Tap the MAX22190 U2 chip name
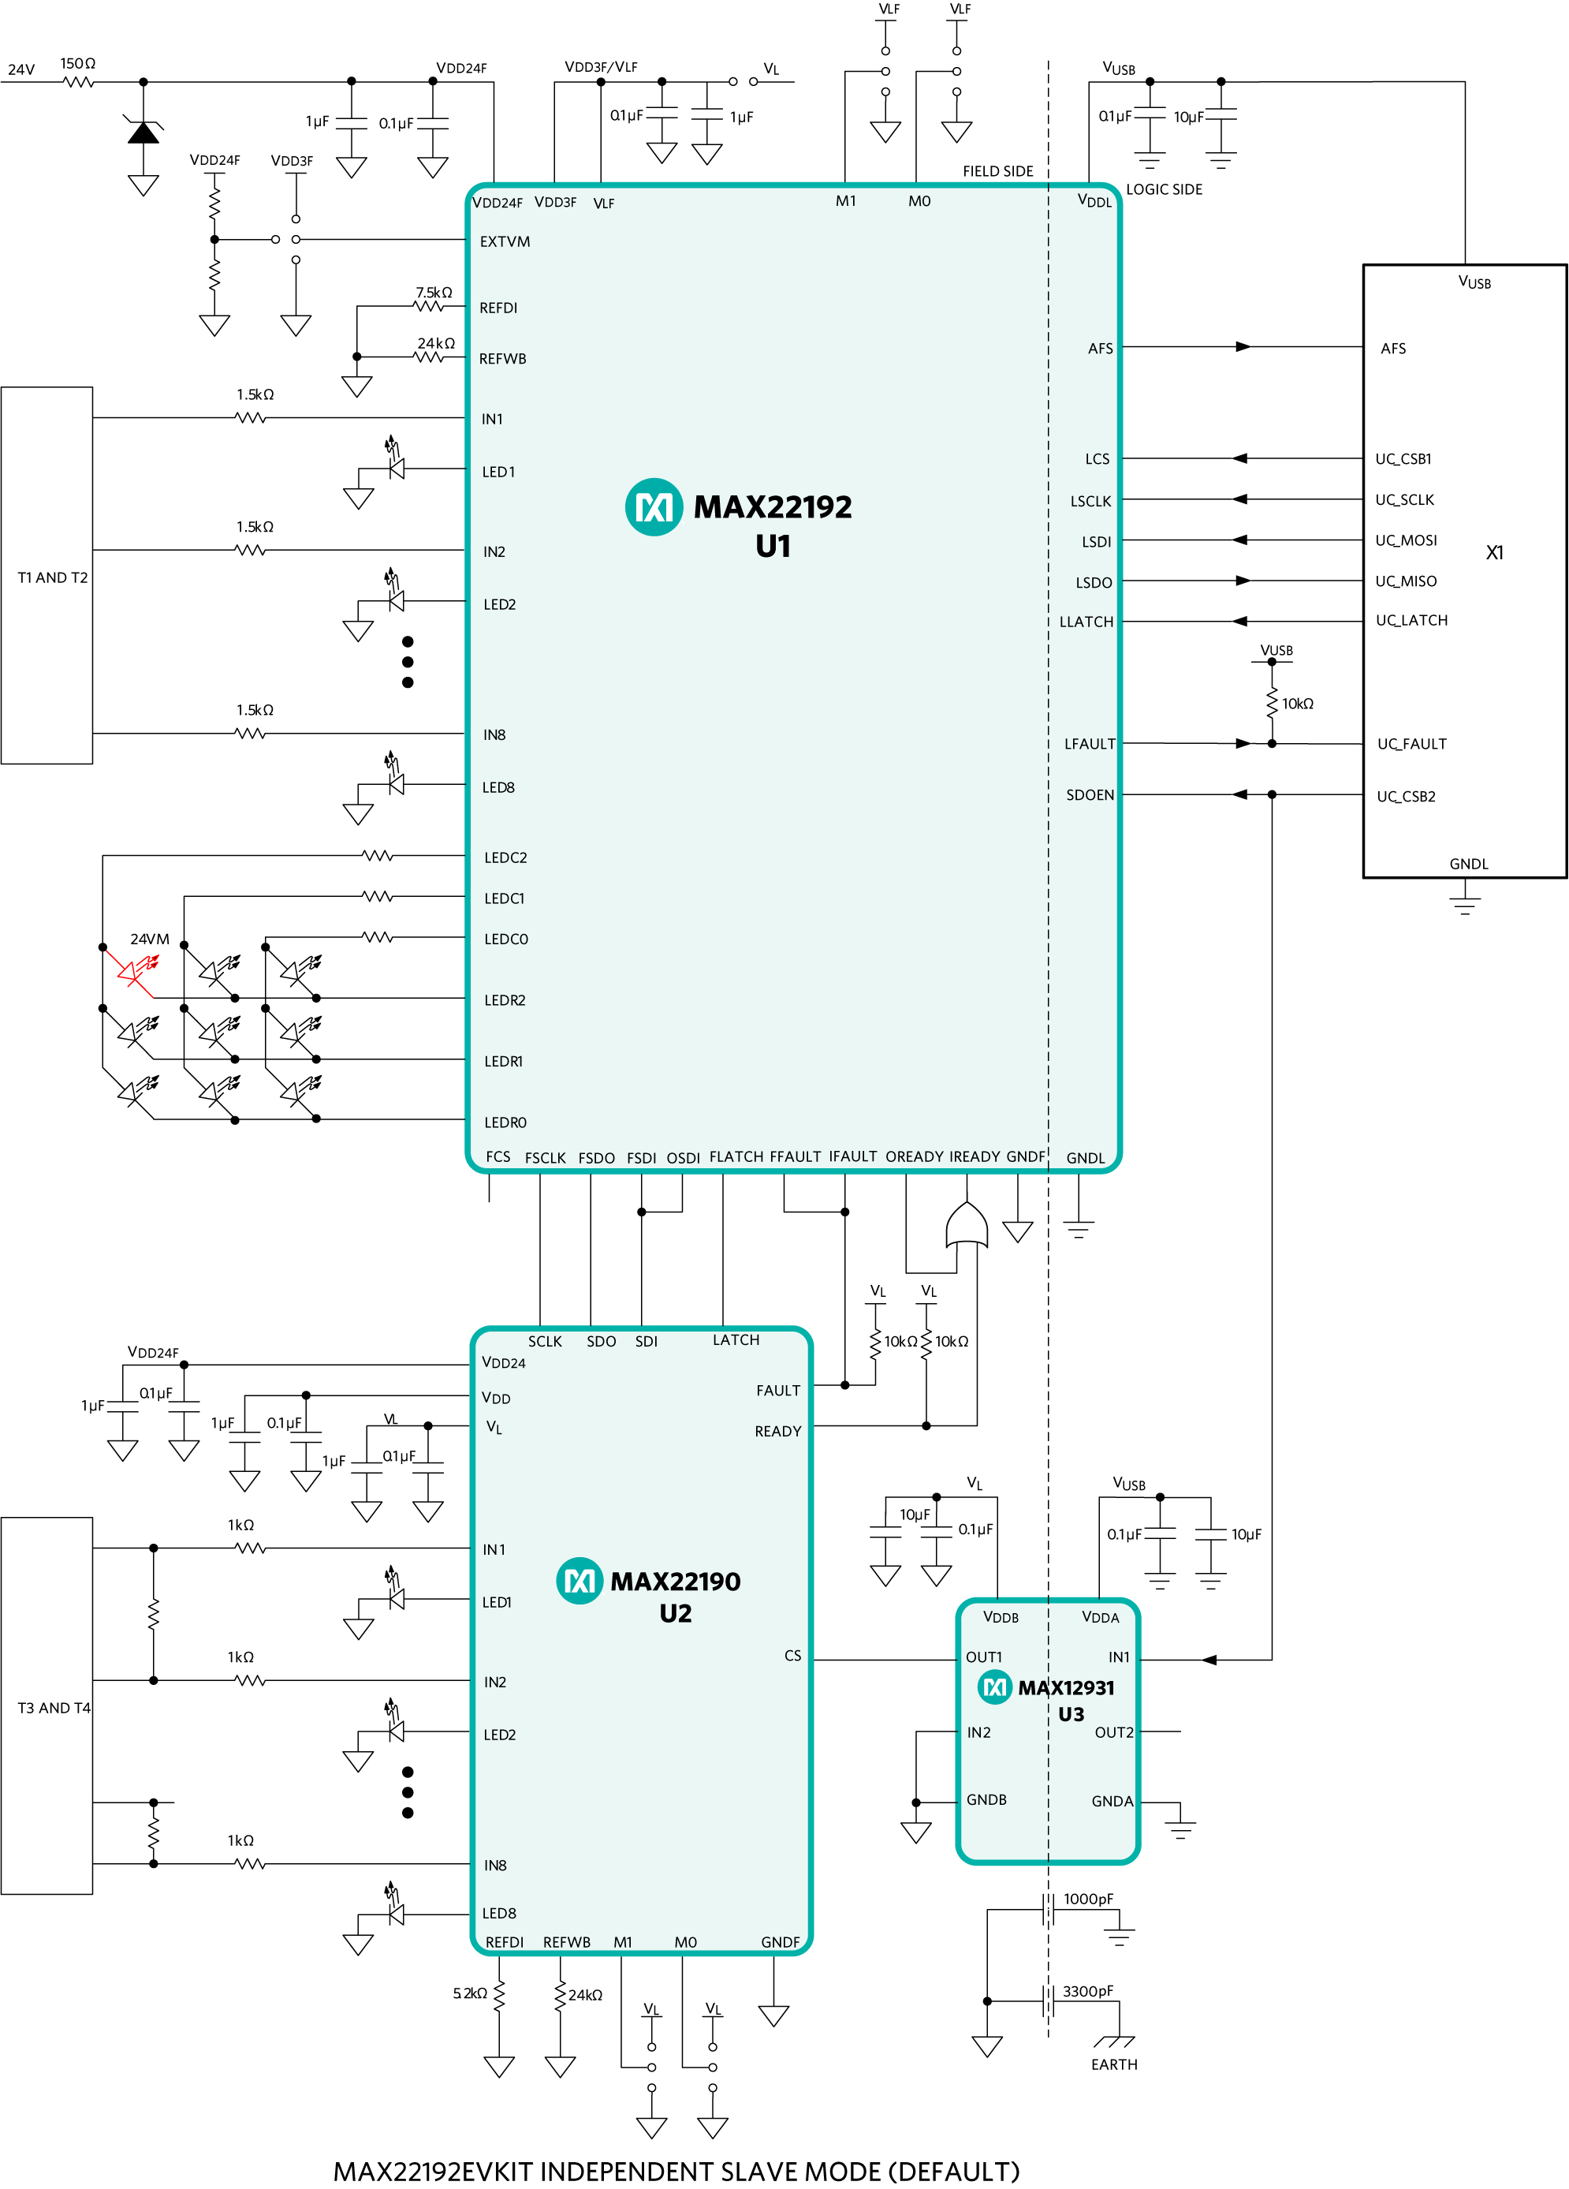[x=676, y=1597]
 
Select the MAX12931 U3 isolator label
[x=1066, y=1700]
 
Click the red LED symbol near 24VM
[x=135, y=971]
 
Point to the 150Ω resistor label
[x=78, y=64]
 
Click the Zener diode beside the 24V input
[x=143, y=130]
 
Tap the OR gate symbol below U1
[x=966, y=1225]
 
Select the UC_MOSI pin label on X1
[x=1406, y=540]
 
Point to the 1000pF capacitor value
[x=1089, y=1899]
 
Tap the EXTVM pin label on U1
[x=505, y=241]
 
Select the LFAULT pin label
[x=1090, y=744]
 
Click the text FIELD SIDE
[x=997, y=172]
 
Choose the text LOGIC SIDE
[x=1165, y=190]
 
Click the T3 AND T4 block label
[x=54, y=1709]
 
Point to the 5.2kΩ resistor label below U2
[x=470, y=1993]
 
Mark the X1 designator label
[x=1495, y=553]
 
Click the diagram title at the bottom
[x=676, y=2171]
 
